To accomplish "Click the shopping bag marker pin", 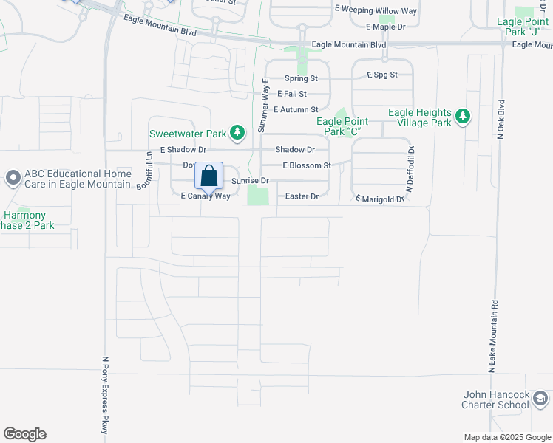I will pos(209,177).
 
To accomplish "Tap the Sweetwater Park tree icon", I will pos(237,133).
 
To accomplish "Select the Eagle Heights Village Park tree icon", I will pos(463,117).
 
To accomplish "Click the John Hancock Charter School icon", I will pos(540,399).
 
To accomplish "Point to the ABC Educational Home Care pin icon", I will pos(13,178).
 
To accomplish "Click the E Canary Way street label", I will pos(206,196).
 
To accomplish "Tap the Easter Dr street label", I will pos(302,196).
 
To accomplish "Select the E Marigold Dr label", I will pos(379,199).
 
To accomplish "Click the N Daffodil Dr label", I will pos(411,170).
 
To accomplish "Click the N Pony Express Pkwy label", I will pos(104,395).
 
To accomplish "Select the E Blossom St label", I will pos(306,165).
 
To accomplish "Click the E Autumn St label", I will pos(295,109).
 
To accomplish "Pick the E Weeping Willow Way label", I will pos(376,10).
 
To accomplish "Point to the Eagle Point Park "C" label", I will pos(343,126).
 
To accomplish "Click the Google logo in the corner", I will pos(24,434).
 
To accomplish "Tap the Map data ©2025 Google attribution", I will pos(507,437).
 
